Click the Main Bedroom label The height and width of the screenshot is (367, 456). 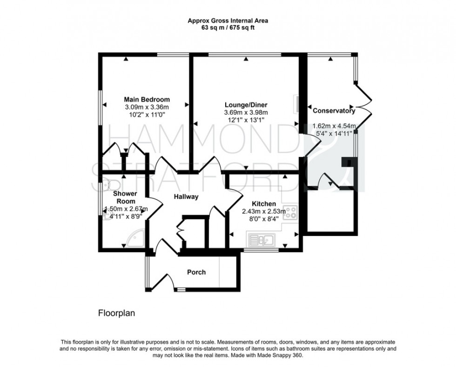pos(147,99)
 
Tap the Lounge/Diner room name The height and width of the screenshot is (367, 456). pos(246,105)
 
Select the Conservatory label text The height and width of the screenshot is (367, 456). pos(334,111)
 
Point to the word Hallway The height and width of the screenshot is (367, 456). pos(186,197)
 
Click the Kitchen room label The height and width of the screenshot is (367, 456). pos(264,204)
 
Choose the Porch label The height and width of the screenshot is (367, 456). pos(196,272)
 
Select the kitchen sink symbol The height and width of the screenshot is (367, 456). pos(262,240)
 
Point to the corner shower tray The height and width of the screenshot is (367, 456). pos(137,241)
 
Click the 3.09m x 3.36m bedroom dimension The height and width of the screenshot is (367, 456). pos(147,107)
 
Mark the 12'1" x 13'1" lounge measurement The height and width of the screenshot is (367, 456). pos(246,119)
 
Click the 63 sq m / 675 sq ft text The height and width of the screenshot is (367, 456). pos(228,27)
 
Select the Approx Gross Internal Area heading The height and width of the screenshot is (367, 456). pos(228,20)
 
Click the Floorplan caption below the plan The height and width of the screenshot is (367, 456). pos(116,313)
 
